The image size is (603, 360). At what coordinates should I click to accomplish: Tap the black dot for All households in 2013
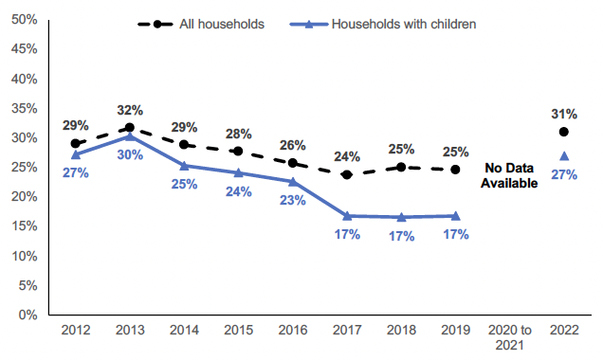[x=130, y=128]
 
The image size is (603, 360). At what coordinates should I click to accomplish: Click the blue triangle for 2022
[x=564, y=156]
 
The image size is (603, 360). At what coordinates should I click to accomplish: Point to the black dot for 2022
[x=564, y=132]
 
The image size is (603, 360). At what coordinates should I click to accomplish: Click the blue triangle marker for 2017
[x=347, y=216]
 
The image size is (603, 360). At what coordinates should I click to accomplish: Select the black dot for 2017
[x=347, y=174]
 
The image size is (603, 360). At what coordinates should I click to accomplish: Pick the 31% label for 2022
[x=564, y=113]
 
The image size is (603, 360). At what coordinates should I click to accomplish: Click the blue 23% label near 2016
[x=293, y=201]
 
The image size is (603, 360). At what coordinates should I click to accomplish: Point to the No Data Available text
[x=508, y=176]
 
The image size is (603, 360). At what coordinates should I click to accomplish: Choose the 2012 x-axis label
[x=75, y=331]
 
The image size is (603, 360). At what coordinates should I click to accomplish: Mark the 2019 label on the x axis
[x=455, y=331]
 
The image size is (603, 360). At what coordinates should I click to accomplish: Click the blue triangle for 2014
[x=184, y=166]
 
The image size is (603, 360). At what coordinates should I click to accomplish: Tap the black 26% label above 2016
[x=293, y=145]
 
